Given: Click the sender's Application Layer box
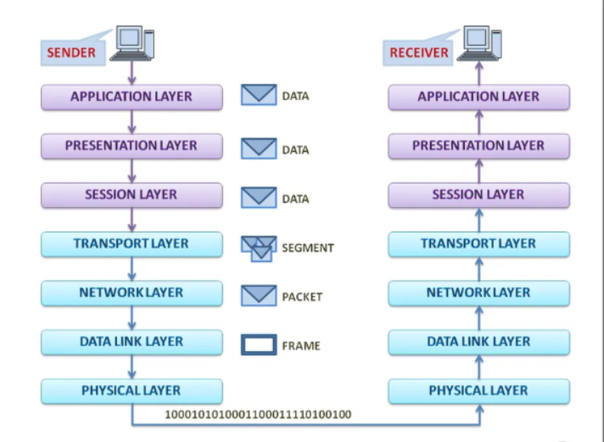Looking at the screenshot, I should coord(131,97).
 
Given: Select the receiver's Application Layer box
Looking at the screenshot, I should coord(478,97).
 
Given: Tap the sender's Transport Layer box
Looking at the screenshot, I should coord(131,244).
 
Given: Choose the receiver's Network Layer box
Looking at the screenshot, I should coord(478,293).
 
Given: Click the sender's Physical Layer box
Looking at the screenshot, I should coord(131,391).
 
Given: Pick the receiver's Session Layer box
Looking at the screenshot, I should coord(478,195).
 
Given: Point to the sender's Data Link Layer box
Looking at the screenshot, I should coord(131,342).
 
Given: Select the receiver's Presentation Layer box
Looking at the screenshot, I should coord(478,146).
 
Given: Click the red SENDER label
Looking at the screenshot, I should coord(71,53).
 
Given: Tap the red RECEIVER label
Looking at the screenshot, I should coord(418,53).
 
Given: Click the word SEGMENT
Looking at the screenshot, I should coord(308,249).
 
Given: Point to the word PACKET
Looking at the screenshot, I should coord(303,298).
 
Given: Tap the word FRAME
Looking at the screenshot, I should coord(300,346).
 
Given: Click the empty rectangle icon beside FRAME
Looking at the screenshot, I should coord(259,345).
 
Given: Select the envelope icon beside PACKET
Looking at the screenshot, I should coord(259,296).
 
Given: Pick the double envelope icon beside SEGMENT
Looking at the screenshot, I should coord(258,248).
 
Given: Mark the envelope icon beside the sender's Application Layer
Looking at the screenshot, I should coord(259,95).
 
